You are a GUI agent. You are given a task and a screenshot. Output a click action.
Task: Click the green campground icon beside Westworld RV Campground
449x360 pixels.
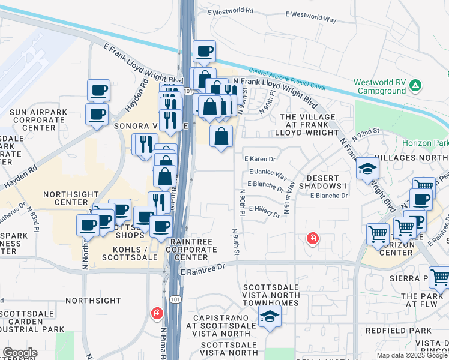coord(415,86)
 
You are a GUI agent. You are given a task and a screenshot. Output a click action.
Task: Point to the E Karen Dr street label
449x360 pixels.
coord(260,159)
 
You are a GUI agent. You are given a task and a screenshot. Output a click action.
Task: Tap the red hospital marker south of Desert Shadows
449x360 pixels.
coord(312,239)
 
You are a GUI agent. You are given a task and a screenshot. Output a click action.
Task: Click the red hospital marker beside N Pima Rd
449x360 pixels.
coord(157,313)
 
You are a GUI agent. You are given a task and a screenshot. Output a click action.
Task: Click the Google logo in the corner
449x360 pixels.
coord(19,353)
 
